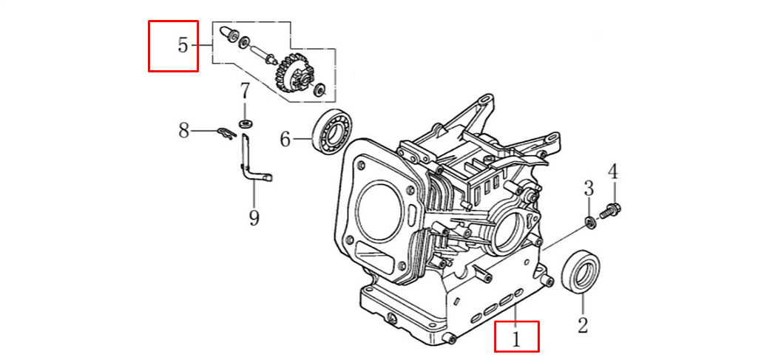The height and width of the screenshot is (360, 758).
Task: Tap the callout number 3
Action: coord(589,188)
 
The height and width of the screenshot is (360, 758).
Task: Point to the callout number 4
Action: coord(612,172)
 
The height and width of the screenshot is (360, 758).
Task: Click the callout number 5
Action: coord(183,45)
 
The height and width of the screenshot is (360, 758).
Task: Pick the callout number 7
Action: coord(244,92)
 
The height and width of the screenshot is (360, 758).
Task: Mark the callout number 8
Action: coord(184,131)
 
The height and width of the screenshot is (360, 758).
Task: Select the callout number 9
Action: coord(254,217)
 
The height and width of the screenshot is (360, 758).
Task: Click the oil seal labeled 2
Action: coord(582,271)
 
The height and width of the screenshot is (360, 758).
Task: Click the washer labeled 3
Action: coord(590,222)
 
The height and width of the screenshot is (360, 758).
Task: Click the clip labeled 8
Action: coord(226,133)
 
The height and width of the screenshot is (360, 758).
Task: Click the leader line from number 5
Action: coord(205,46)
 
